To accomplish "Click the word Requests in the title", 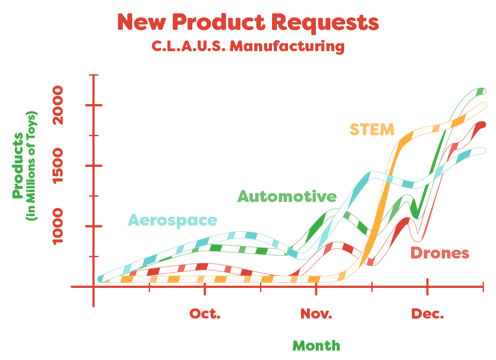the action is point(325,22).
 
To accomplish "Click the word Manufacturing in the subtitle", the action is point(287,46).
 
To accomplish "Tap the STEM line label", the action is point(372,129).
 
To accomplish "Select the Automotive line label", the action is point(287,196).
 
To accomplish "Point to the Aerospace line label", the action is point(172,220).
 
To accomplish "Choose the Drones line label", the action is point(440,253).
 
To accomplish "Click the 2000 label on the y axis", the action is point(58,105).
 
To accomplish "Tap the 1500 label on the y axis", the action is point(58,166).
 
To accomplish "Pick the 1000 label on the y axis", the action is point(58,227).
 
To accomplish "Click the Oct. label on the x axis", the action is point(205,314).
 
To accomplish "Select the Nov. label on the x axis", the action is point(316,314).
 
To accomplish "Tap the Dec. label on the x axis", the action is point(427,314).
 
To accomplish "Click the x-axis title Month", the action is point(316,345).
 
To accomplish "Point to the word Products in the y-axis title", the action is point(18,166).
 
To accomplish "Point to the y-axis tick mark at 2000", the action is point(94,105).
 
